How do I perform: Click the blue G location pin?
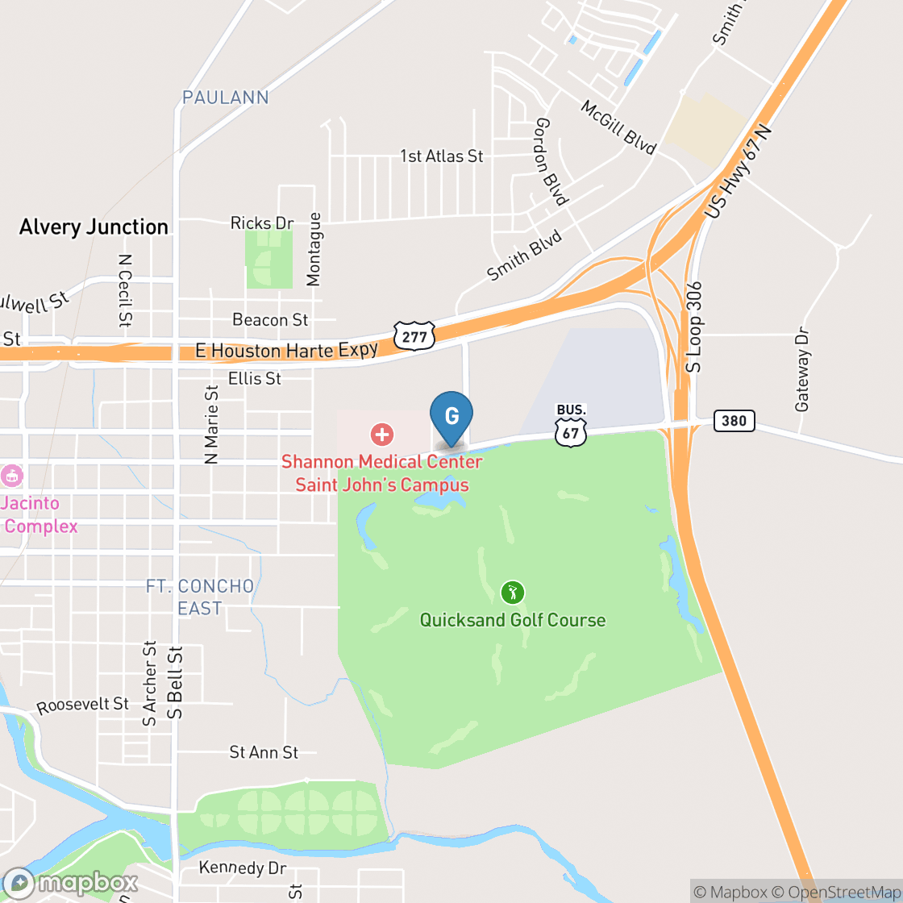tap(451, 416)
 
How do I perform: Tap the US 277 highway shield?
tap(414, 335)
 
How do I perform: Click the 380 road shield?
tap(734, 420)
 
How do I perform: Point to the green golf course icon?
tap(512, 593)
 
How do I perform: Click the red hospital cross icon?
tap(381, 435)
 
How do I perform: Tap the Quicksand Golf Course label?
tap(513, 620)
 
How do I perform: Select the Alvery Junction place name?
tap(94, 227)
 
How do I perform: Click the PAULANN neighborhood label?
tap(225, 98)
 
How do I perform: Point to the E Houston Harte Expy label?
tap(286, 351)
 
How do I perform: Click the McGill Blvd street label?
tap(618, 127)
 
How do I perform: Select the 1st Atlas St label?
tap(442, 156)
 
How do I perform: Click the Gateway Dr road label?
tap(802, 369)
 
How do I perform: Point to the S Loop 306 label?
tap(694, 326)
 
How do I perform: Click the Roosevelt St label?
tap(83, 705)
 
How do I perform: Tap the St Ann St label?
tap(264, 752)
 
